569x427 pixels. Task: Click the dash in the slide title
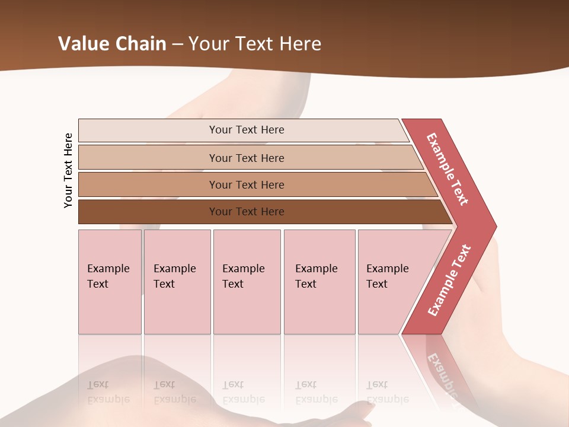tap(177, 44)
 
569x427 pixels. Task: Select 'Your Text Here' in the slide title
tap(255, 44)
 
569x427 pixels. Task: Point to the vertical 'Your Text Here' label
tap(68, 170)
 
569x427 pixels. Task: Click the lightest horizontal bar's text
tap(247, 130)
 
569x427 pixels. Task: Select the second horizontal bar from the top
tap(247, 158)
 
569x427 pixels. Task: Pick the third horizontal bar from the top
tap(247, 184)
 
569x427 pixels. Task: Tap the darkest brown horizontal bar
tap(247, 212)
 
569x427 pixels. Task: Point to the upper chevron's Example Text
tap(447, 169)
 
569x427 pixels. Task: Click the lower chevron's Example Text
tap(449, 280)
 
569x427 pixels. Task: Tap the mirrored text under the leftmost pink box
tap(108, 392)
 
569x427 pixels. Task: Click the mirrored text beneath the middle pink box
tap(243, 392)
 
